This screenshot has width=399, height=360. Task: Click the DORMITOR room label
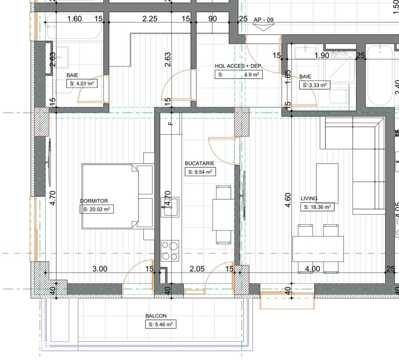94,201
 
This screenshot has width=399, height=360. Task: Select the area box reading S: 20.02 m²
97,209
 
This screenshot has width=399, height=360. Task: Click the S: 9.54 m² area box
200,172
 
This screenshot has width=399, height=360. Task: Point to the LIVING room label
309,198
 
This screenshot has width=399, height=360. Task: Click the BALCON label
156,316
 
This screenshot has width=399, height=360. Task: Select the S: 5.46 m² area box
161,324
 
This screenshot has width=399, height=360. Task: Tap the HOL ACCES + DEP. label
238,66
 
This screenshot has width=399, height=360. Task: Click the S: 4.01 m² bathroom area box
82,84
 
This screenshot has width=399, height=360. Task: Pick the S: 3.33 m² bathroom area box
315,85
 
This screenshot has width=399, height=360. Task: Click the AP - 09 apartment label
263,20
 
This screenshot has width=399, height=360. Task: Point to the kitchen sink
170,207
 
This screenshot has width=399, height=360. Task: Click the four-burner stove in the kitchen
170,251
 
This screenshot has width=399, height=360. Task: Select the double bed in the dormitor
110,196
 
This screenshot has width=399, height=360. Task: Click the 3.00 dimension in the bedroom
100,269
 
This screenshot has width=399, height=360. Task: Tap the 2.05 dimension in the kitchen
197,269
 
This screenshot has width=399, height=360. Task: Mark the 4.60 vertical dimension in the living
288,200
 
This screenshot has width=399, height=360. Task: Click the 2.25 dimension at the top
150,19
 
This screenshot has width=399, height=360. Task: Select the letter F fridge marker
171,123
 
